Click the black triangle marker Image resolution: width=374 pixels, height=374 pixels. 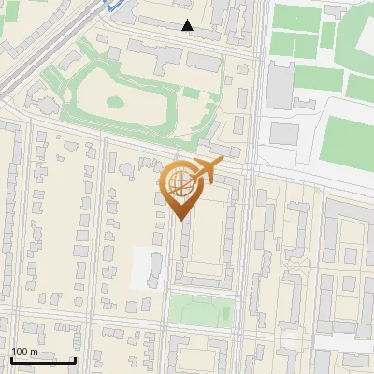point(188,25)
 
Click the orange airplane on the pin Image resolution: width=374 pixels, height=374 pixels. point(206,170)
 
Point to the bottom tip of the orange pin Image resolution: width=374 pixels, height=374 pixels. point(180,219)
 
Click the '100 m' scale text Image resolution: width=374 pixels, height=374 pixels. point(25,352)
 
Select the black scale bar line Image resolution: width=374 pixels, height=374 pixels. point(43,360)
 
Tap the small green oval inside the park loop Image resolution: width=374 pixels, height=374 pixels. point(115,101)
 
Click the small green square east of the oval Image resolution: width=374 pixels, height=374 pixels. point(191,93)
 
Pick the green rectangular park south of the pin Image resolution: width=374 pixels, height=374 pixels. point(200,311)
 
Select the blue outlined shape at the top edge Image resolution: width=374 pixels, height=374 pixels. point(113,4)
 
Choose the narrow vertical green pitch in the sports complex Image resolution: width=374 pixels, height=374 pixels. point(328,36)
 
